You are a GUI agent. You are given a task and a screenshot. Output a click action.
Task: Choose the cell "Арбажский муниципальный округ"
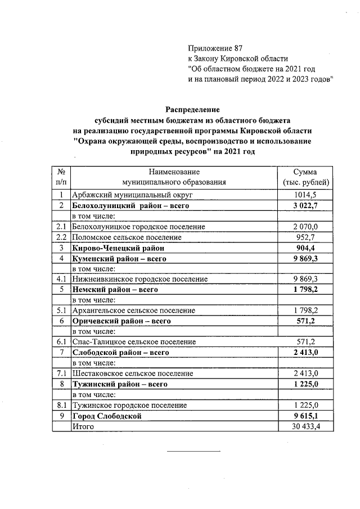[x=132, y=195]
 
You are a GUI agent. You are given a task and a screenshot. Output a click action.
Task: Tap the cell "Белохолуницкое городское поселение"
[x=138, y=226]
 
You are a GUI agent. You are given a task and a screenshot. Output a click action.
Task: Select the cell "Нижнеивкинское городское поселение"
[x=140, y=279]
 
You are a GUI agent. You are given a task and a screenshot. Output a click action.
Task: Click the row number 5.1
[x=61, y=310]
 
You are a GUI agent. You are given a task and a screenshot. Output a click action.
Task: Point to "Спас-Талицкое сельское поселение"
[x=134, y=341]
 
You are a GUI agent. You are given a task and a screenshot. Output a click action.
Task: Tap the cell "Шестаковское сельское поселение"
[x=132, y=373]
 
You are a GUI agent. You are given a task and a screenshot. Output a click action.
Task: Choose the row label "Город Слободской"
[x=106, y=416]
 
